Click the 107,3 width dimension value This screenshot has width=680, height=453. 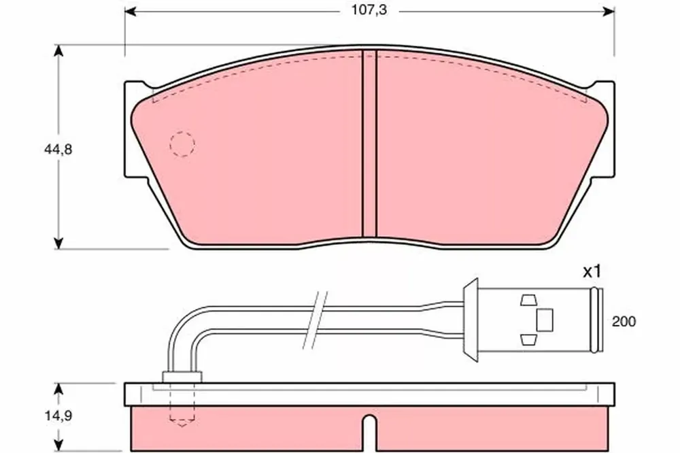pos(369,10)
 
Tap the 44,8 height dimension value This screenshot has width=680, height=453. pos(58,150)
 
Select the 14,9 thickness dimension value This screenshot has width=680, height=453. pos(58,416)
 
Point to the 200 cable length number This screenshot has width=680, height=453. pos(624,322)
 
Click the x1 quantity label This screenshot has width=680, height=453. pos(592,272)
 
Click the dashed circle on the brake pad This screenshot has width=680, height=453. pos(182,144)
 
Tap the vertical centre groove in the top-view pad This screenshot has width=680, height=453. pos(369,144)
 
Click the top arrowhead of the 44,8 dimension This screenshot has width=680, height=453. pos(58,51)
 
